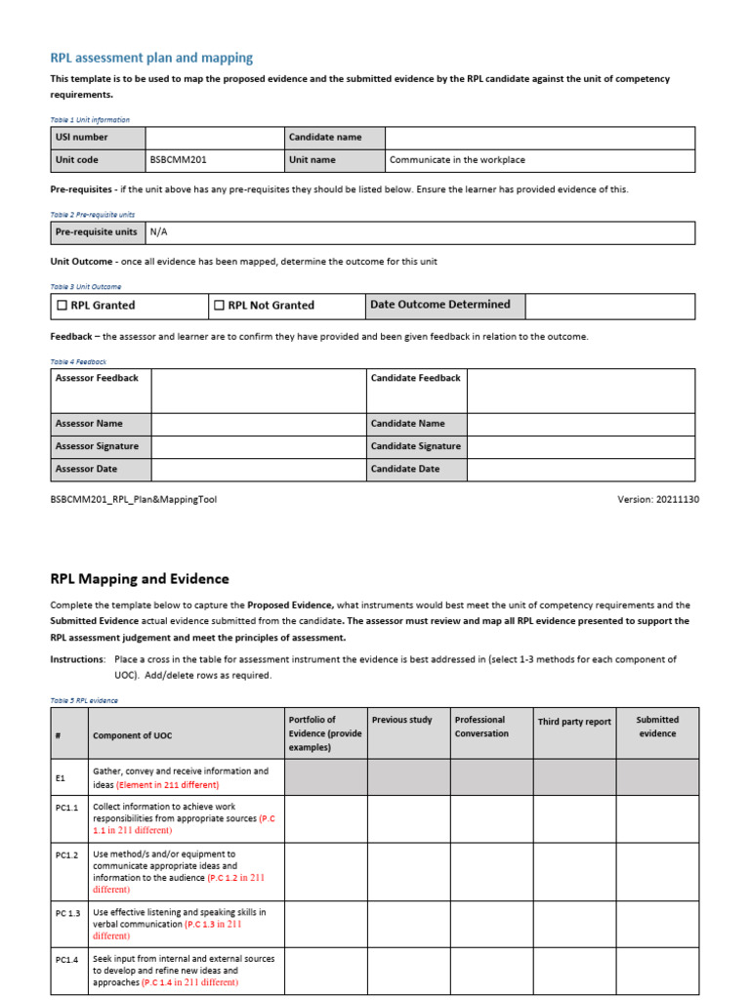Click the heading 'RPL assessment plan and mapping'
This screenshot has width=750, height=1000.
[151, 59]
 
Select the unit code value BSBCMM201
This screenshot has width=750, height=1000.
[178, 160]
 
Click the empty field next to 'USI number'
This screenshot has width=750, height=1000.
[214, 138]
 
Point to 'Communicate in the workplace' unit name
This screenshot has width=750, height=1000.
[457, 160]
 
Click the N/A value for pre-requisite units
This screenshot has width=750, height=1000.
[159, 232]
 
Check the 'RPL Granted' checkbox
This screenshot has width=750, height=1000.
[62, 306]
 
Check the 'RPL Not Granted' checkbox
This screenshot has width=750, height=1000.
[220, 306]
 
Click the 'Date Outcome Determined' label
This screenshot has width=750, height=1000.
[440, 305]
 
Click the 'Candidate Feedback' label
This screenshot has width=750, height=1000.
[416, 378]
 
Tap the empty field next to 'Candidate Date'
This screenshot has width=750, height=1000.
[580, 470]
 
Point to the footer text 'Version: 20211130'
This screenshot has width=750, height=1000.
[657, 499]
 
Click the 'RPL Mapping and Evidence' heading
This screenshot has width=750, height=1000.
[140, 579]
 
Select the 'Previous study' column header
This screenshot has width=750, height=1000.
[401, 721]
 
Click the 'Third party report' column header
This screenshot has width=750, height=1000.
[574, 722]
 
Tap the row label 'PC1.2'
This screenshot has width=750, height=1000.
[67, 854]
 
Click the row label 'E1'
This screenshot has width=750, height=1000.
[61, 778]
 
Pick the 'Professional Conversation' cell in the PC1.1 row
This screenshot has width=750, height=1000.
[490, 818]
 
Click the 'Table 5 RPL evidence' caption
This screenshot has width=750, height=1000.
[84, 700]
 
